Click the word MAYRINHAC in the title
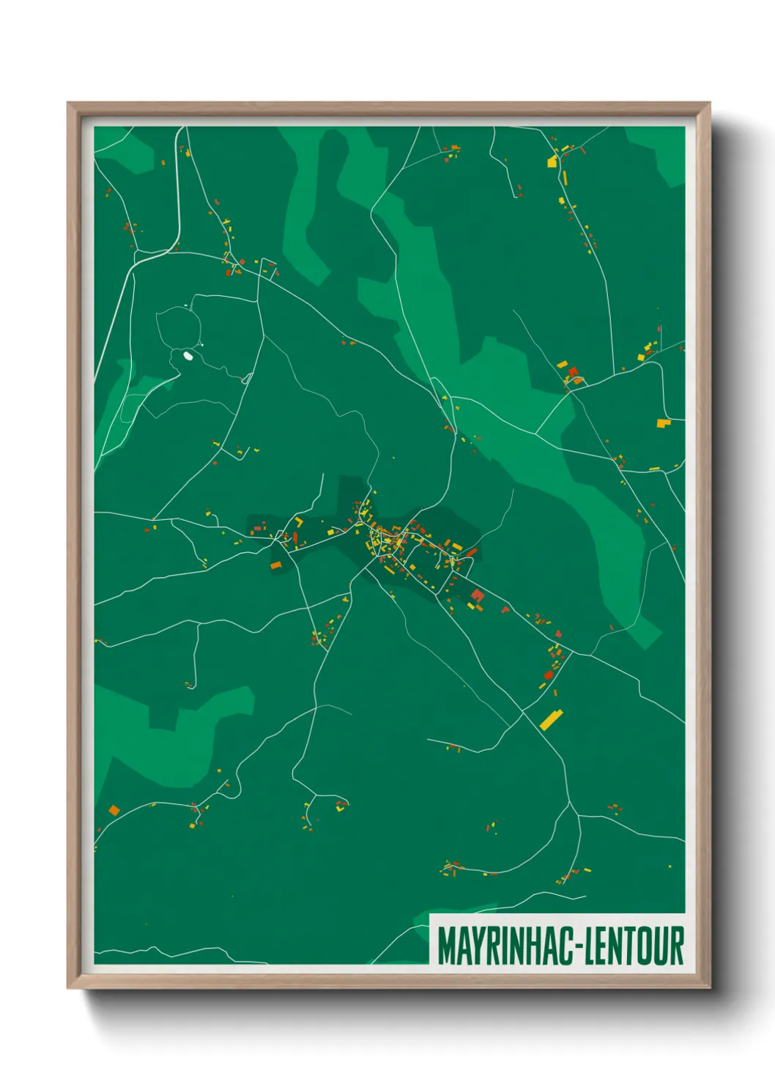click(x=506, y=946)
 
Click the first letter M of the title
click(x=446, y=946)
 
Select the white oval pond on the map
click(x=188, y=356)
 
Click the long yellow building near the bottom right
click(x=551, y=719)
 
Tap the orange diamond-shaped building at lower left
click(x=114, y=809)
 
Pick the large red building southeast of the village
click(x=478, y=595)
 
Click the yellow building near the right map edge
click(x=663, y=423)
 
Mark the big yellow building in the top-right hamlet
click(x=553, y=162)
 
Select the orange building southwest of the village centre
click(x=275, y=565)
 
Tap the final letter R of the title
click(x=677, y=946)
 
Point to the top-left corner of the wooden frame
click(x=68, y=103)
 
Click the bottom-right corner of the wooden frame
click(x=709, y=988)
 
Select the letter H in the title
click(x=536, y=946)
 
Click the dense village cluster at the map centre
click(x=385, y=541)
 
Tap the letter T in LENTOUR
click(x=628, y=946)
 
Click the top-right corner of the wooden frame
click(x=709, y=103)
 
